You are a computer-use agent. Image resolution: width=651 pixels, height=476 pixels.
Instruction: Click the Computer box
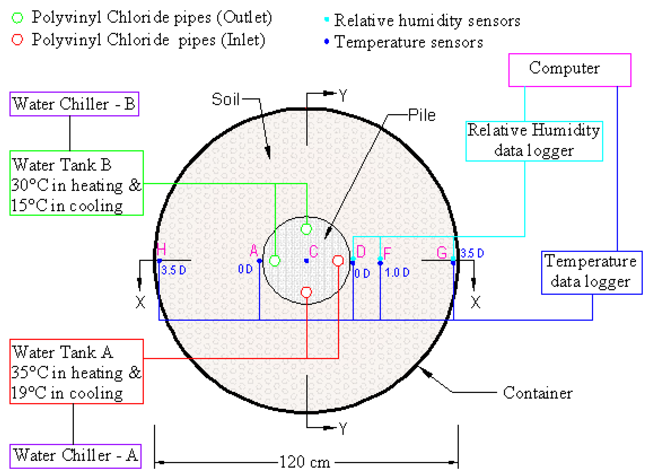[x=569, y=70]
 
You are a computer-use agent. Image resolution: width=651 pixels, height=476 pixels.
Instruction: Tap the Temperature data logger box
[x=591, y=272]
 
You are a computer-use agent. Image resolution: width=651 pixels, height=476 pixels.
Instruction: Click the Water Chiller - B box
[x=74, y=104]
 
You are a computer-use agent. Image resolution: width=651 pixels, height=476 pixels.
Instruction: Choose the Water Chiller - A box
[x=75, y=456]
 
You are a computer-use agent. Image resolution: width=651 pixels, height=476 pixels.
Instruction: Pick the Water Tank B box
[x=77, y=183]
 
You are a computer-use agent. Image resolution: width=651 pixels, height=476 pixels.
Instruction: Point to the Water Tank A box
[x=77, y=371]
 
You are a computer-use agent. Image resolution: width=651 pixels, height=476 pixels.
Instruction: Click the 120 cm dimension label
[x=305, y=462]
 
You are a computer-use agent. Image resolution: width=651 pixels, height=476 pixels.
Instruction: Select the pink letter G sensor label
[x=442, y=253]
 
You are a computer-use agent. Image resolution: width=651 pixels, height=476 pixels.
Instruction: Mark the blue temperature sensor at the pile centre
[x=306, y=261]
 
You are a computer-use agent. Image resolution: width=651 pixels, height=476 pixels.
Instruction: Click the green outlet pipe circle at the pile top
[x=306, y=229]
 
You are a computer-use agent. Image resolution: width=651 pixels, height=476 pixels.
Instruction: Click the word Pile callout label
[x=422, y=115]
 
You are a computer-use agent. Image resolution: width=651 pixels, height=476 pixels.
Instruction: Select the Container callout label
[x=537, y=393]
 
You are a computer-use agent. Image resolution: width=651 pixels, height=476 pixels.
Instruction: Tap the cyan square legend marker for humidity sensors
[x=326, y=19]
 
